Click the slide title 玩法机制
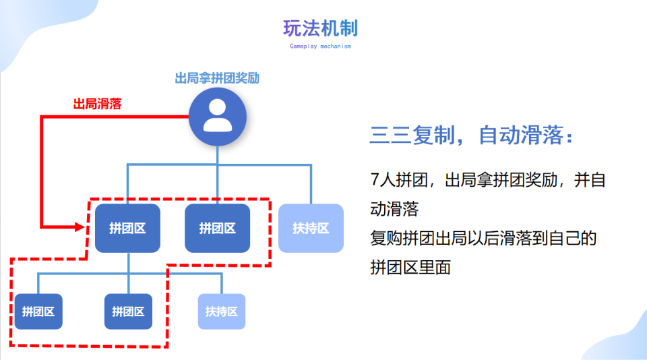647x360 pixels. pos(320,28)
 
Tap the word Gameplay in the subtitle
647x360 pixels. pos(303,47)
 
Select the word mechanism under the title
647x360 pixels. pos(336,47)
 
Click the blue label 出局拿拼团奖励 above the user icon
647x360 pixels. pos(217,78)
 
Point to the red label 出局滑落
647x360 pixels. pos(97,104)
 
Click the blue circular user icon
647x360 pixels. pos(218,117)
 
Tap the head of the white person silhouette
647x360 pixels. pos(218,107)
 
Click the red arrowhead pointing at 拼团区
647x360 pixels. pos(80,227)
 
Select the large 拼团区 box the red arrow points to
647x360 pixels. pos(127,228)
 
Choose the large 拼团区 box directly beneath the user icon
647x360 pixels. pos(218,228)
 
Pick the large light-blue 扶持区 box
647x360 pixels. pos(311,228)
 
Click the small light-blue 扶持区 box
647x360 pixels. pos(222,311)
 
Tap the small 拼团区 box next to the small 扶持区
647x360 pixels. pos(128,311)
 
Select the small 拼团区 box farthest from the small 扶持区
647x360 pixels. pos(38,311)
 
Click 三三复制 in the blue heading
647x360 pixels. pos(412,135)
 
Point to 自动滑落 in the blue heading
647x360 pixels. pos(521,135)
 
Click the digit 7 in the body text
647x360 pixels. pos(375,180)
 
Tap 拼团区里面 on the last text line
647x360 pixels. pos(410,267)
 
